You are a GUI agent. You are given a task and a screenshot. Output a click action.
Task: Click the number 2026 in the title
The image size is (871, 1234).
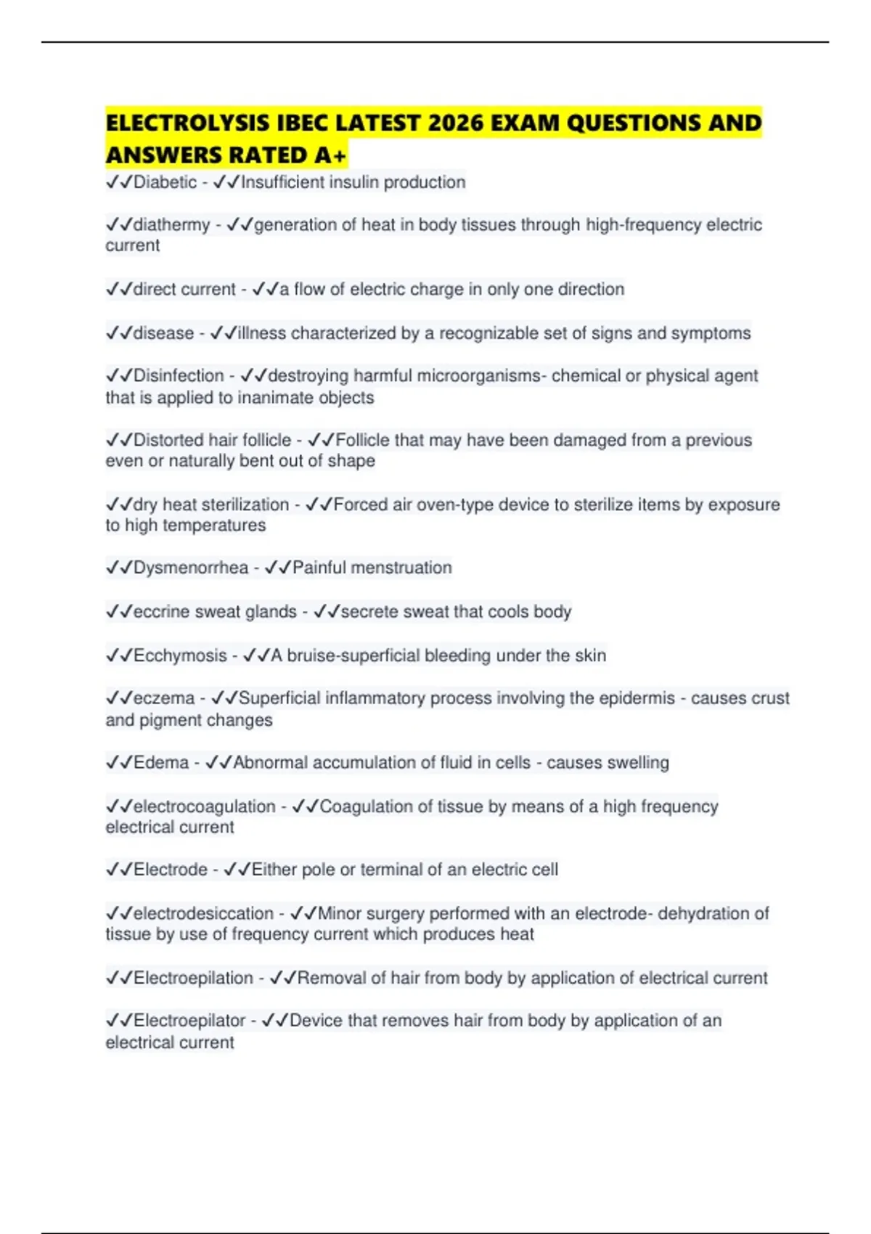(455, 123)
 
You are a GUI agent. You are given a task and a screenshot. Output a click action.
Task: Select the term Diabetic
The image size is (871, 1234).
(165, 182)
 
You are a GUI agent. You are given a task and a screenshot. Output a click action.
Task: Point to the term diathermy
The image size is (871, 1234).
(171, 225)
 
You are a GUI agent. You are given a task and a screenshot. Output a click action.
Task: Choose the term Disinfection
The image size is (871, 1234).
(179, 376)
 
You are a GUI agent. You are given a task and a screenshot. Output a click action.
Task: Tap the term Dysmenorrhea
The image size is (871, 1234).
(190, 568)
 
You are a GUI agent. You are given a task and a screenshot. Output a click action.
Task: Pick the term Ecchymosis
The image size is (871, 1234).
(180, 655)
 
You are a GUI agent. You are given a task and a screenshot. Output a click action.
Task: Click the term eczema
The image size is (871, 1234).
(164, 698)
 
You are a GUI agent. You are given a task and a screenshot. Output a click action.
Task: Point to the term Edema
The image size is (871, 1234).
(161, 763)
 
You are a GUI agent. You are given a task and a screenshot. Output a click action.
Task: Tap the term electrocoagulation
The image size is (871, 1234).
(204, 806)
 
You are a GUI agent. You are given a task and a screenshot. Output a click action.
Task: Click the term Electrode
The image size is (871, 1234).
(171, 870)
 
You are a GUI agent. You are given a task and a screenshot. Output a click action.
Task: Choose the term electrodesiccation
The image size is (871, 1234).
(203, 913)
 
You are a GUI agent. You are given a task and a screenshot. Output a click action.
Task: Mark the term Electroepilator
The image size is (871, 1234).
(189, 1021)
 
